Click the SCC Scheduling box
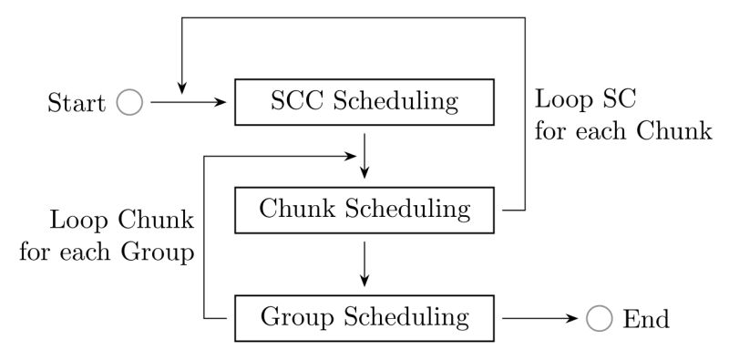pos(364,102)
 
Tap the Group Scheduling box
pos(364,318)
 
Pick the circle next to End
pos(599,318)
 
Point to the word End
pos(645,319)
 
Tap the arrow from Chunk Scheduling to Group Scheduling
pos(364,263)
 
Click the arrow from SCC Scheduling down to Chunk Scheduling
pos(364,156)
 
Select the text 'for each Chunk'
pos(622,130)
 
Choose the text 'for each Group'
pos(108,252)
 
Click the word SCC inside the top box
pos(297,101)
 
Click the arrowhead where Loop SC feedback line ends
pos(181,89)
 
